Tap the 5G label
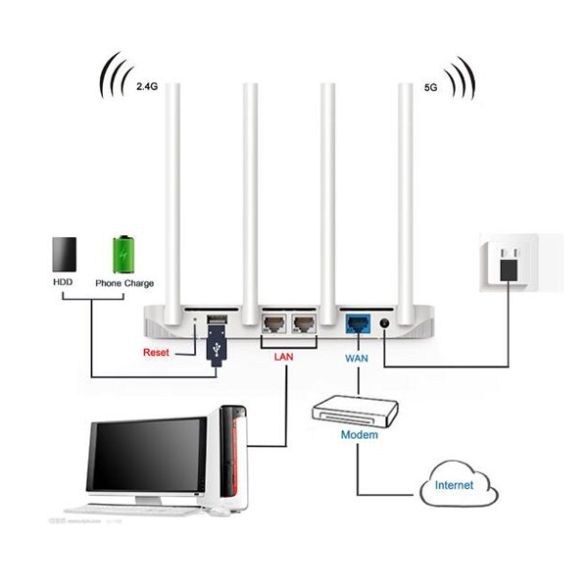click(x=431, y=87)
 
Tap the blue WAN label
click(x=357, y=359)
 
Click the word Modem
click(x=359, y=434)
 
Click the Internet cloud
click(x=457, y=484)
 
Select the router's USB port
click(x=217, y=320)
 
